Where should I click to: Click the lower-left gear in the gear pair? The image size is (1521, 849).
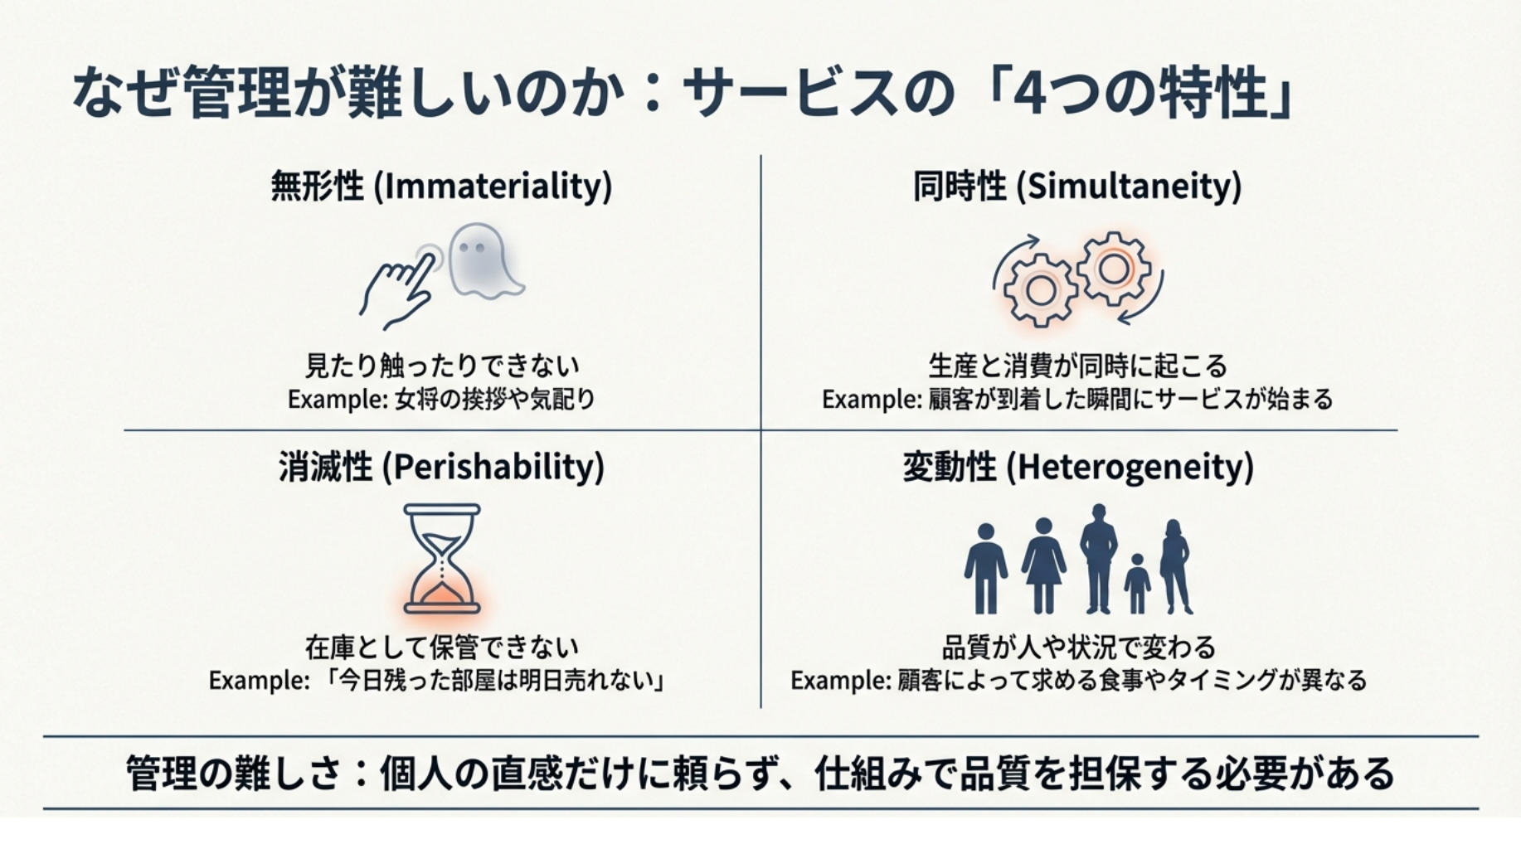tap(1040, 290)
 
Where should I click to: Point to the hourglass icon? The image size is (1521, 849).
tap(442, 559)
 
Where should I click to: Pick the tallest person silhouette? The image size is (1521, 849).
tap(1099, 558)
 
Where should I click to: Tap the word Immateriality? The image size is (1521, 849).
tap(497, 186)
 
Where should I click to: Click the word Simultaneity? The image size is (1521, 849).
tap(1132, 186)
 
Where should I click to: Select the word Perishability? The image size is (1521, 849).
tap(497, 467)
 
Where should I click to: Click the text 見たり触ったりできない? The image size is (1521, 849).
tap(442, 365)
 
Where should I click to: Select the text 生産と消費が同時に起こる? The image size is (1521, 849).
tap(1077, 365)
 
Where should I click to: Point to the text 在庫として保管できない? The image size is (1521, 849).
tap(442, 646)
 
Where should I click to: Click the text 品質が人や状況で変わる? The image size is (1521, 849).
tap(1078, 646)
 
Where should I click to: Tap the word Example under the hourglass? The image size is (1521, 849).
tap(258, 681)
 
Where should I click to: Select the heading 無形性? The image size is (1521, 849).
tap(317, 186)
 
